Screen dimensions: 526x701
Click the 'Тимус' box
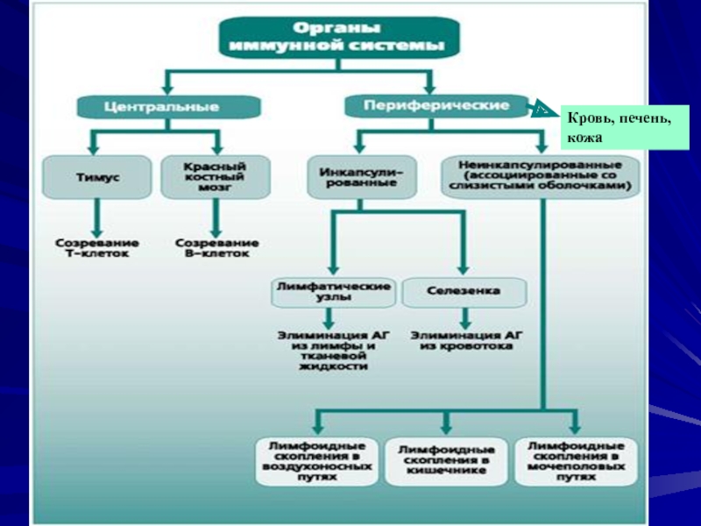tap(96, 177)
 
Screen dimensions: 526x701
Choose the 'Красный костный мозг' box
tap(214, 177)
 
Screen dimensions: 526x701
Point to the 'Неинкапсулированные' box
tap(540, 176)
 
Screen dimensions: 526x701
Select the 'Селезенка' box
tap(464, 292)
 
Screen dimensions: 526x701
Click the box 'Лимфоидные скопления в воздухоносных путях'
tap(316, 460)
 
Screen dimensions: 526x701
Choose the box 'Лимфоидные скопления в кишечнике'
tap(446, 460)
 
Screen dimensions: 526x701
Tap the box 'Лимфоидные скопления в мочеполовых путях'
tap(576, 460)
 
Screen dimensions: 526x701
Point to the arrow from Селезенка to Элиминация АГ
tap(464, 317)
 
